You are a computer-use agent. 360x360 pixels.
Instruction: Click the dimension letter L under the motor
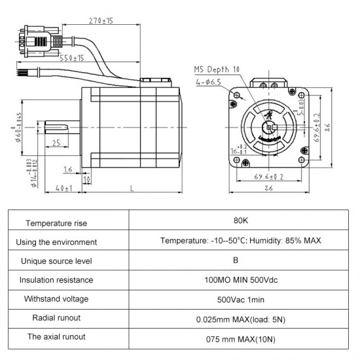(x=132, y=189)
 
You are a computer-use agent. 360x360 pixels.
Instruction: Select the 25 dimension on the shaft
(x=57, y=143)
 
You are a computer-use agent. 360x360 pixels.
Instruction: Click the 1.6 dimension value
(x=68, y=169)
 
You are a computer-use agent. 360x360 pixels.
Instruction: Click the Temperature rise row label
(x=56, y=223)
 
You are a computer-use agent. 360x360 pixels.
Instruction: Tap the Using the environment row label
(x=56, y=242)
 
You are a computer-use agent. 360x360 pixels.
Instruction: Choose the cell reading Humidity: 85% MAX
(x=240, y=241)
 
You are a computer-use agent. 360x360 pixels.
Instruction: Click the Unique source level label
(x=56, y=261)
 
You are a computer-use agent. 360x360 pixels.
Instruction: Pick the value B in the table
(x=240, y=261)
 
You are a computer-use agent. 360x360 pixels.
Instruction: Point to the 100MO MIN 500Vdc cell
(x=240, y=280)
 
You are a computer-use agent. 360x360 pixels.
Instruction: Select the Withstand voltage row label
(x=56, y=299)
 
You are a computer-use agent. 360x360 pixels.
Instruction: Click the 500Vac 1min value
(x=240, y=300)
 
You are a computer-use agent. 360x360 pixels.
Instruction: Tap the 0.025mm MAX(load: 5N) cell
(x=240, y=319)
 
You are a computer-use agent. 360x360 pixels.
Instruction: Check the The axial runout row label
(x=56, y=337)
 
